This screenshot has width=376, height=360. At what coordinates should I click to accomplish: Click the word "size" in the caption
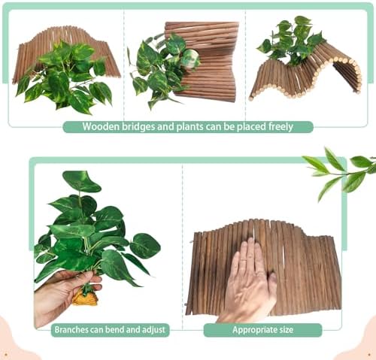pos(285,329)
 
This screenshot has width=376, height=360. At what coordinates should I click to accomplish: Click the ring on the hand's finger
pos(244,262)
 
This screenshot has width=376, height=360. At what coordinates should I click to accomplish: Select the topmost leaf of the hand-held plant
pos(81,181)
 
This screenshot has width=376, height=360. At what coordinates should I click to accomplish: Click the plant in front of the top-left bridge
pos(65,77)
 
